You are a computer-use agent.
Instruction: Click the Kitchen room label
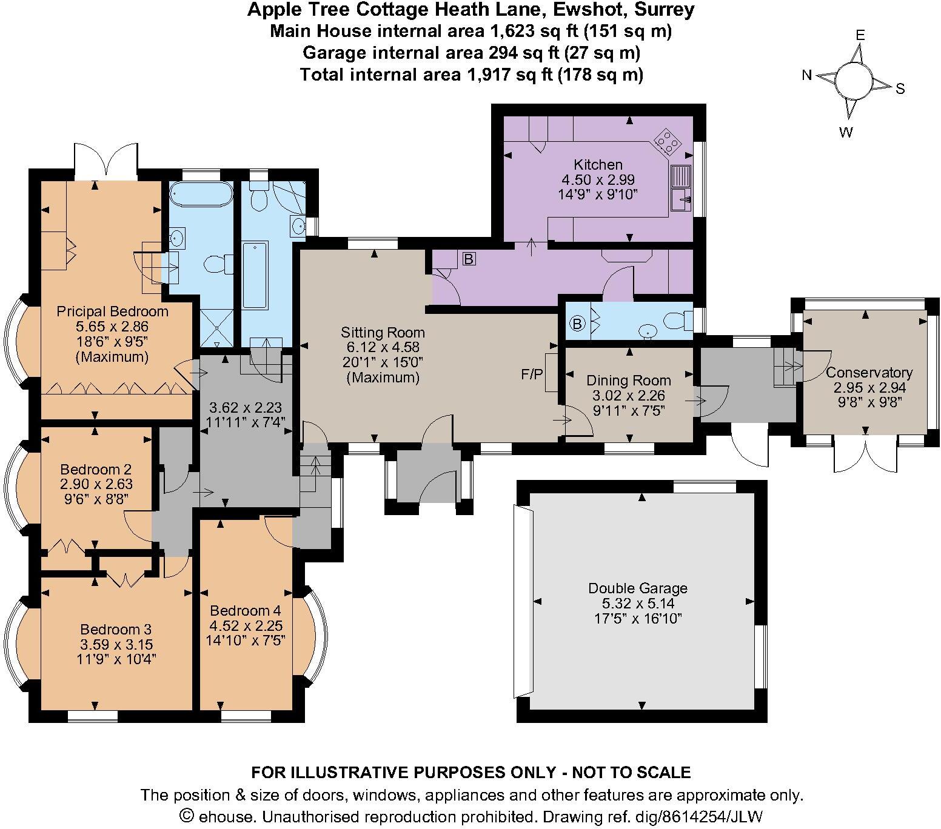(x=598, y=164)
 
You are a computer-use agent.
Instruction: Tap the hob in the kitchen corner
(x=666, y=142)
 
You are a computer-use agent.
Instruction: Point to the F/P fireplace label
(x=532, y=375)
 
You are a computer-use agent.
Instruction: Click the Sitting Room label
(x=383, y=332)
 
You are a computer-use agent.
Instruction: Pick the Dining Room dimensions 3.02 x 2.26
(x=629, y=396)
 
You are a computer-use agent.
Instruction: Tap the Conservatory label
(x=869, y=373)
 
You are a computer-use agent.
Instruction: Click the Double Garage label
(x=638, y=588)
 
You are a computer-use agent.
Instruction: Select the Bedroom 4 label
(x=245, y=610)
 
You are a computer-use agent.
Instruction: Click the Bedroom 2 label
(x=96, y=469)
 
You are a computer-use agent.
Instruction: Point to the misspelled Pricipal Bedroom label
(x=112, y=311)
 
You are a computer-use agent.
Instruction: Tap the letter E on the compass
(x=860, y=35)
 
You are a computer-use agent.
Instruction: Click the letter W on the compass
(x=846, y=132)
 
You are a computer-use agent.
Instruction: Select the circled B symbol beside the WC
(x=577, y=324)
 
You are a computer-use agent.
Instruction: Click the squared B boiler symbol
(x=469, y=259)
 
